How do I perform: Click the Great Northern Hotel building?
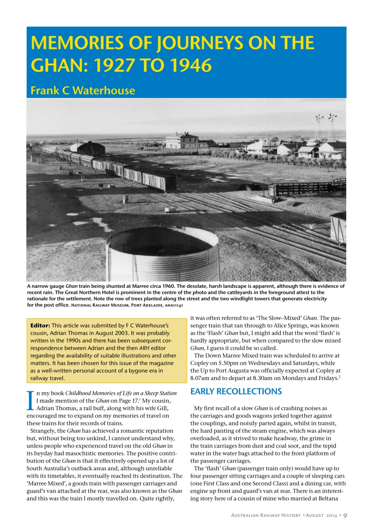[x=181, y=141]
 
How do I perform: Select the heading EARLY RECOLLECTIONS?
[x=236, y=391]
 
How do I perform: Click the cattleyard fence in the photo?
[x=309, y=189]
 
